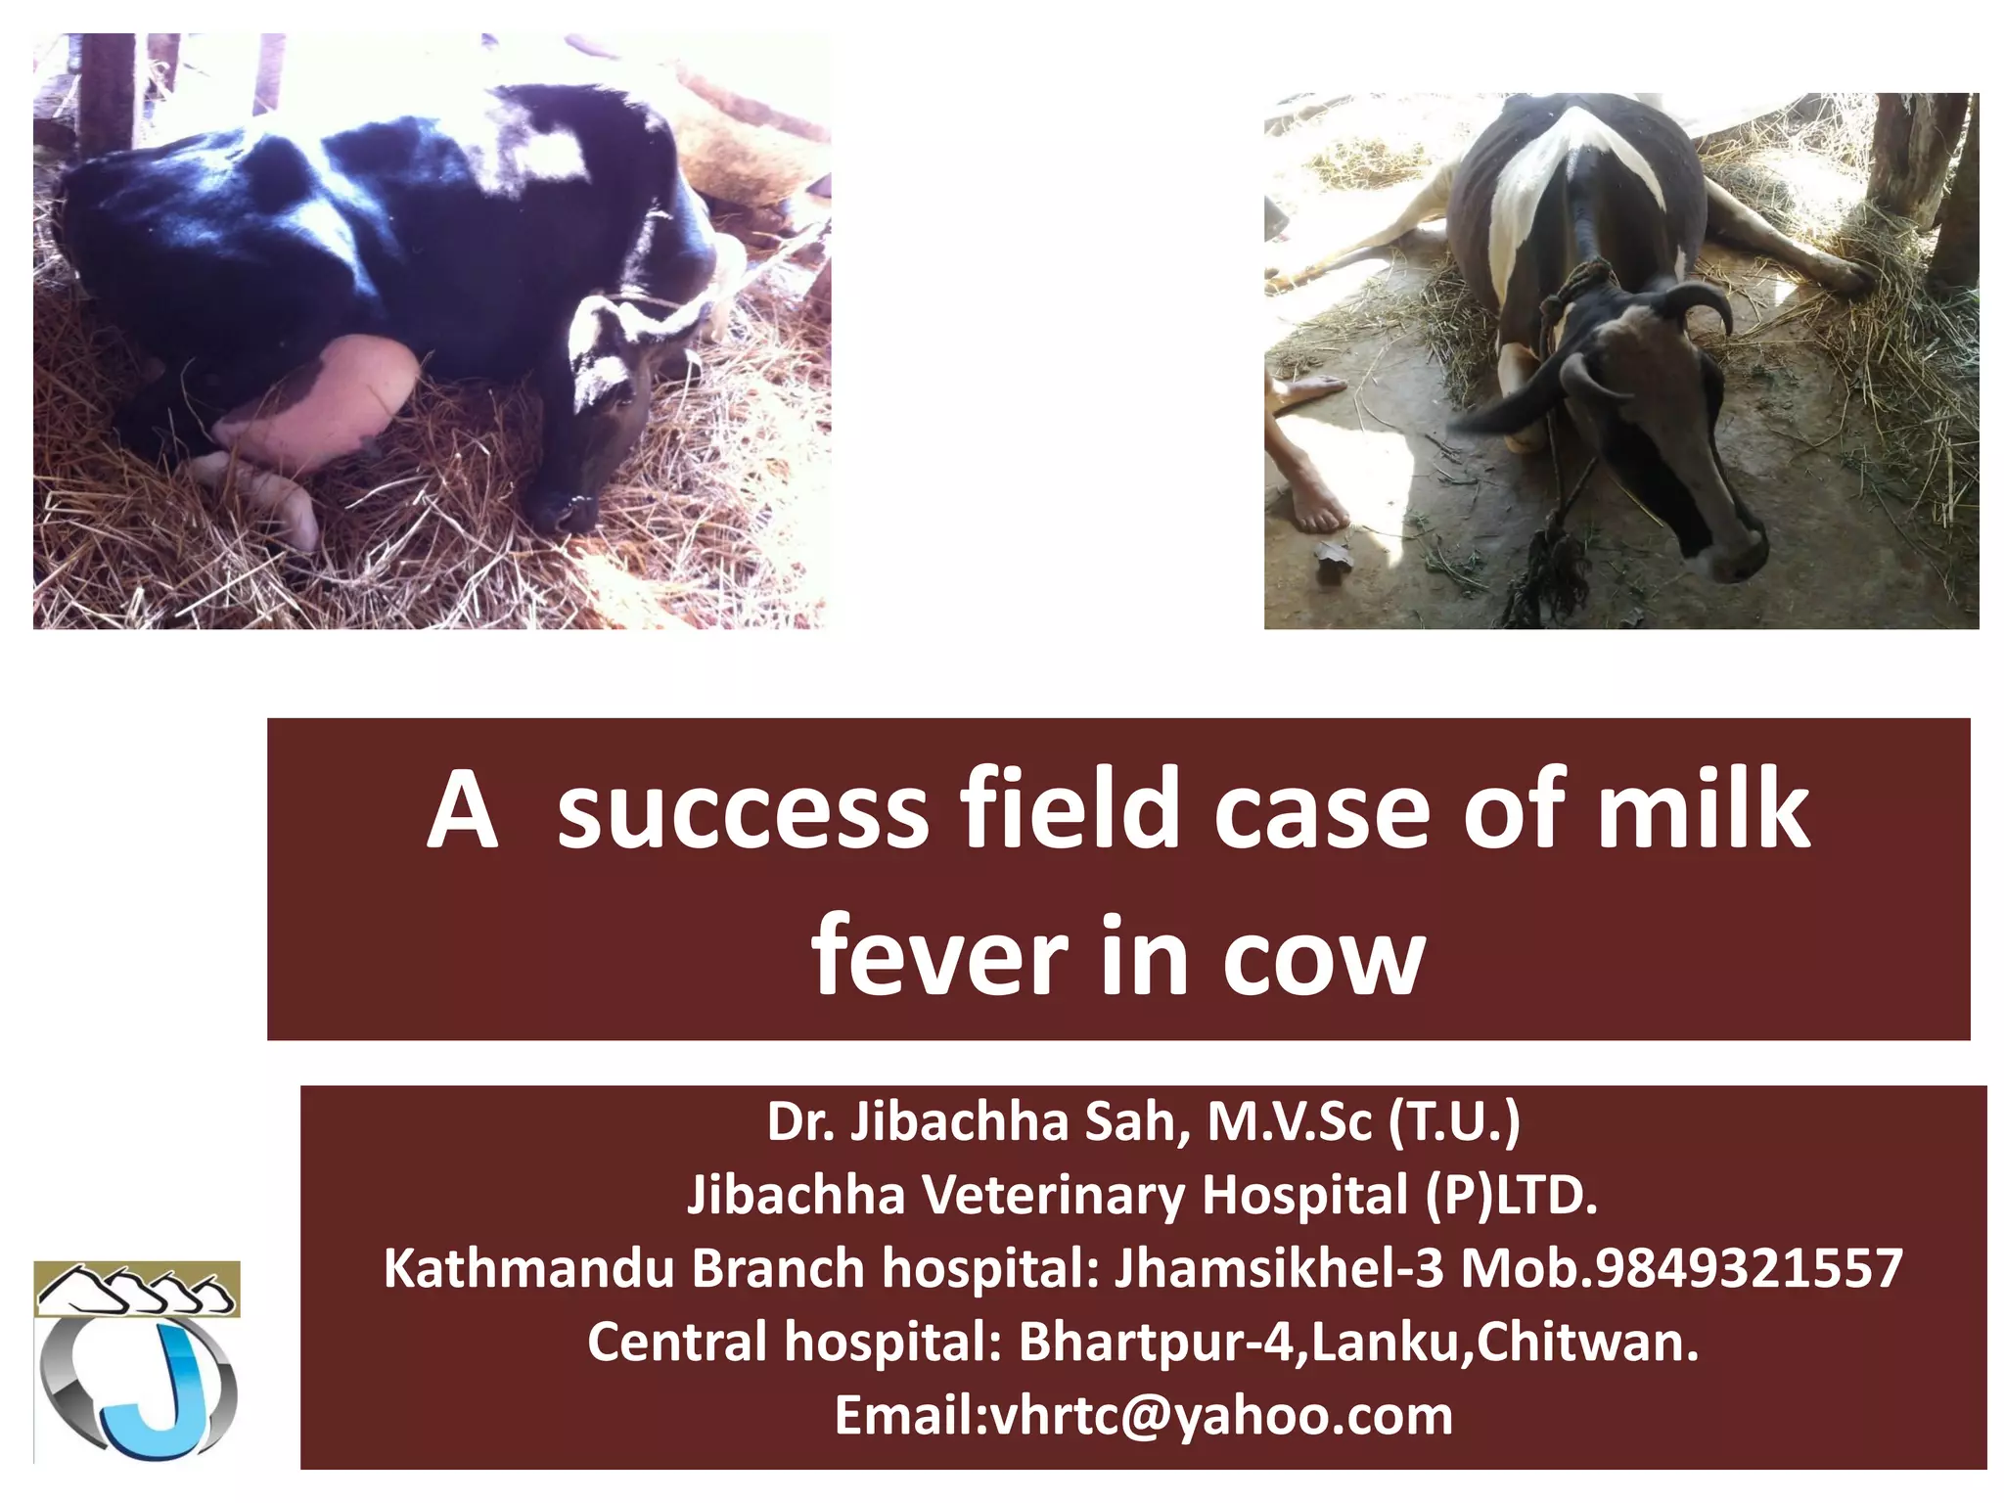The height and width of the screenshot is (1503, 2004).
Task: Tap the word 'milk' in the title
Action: tap(1703, 810)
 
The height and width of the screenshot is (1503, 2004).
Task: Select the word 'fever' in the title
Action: tap(938, 956)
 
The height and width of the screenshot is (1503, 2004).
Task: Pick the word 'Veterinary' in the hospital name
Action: tap(1053, 1196)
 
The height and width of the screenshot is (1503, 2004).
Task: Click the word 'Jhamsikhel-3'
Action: tap(1279, 1269)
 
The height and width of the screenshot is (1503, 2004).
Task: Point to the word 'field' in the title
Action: tap(1070, 810)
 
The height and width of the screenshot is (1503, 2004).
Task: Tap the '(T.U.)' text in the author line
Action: tap(1454, 1122)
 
